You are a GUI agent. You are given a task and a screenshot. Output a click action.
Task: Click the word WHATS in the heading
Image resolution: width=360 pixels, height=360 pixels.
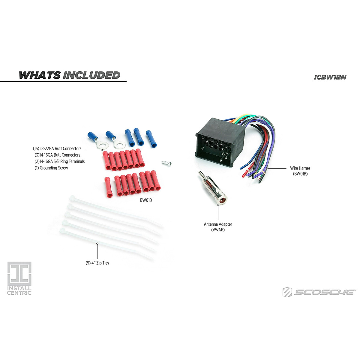(x=40, y=75)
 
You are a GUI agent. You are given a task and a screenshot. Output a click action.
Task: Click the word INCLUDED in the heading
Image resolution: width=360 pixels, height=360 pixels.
(x=91, y=75)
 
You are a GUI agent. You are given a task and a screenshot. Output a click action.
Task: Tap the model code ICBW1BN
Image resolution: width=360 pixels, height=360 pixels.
(x=330, y=77)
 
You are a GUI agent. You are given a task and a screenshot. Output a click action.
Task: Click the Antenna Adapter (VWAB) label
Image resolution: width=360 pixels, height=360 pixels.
(x=218, y=227)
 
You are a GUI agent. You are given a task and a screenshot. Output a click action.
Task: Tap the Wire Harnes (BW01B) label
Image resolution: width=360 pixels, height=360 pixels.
(x=300, y=171)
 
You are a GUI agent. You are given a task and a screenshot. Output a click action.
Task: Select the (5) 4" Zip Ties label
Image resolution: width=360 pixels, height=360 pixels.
(x=97, y=263)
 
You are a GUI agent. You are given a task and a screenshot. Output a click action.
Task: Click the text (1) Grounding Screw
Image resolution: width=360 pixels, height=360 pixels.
(x=51, y=168)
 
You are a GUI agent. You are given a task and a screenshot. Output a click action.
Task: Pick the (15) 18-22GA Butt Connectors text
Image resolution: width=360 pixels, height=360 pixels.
(x=57, y=148)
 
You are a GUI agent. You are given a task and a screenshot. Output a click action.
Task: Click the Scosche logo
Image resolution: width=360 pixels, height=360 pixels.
(x=319, y=292)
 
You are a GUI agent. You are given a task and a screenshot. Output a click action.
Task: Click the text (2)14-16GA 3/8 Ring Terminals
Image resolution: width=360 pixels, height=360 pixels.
(x=60, y=161)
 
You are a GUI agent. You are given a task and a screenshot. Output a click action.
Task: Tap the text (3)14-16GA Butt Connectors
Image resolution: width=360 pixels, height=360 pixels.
(x=58, y=155)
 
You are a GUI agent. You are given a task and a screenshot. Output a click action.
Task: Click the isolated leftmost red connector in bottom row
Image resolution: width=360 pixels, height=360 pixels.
(x=108, y=187)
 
